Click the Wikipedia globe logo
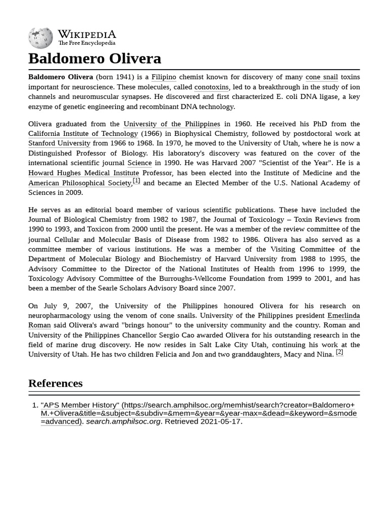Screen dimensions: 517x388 click(40, 38)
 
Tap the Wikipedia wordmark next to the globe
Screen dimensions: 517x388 click(86, 34)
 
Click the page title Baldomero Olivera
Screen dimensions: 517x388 click(94, 59)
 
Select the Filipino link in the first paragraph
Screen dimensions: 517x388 click(164, 77)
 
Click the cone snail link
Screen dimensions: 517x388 click(321, 77)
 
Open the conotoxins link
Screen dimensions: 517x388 click(211, 87)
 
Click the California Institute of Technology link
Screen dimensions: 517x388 click(83, 134)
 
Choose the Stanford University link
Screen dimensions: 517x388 click(59, 143)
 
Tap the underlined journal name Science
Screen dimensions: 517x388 click(139, 163)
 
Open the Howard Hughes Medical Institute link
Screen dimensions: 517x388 click(83, 173)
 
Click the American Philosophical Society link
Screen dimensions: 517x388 click(79, 183)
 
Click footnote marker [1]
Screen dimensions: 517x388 click(136, 181)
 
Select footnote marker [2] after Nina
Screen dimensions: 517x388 click(339, 352)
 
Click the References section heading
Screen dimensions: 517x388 click(55, 383)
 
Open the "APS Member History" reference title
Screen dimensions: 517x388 click(80, 405)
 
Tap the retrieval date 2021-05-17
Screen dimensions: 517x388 click(220, 422)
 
